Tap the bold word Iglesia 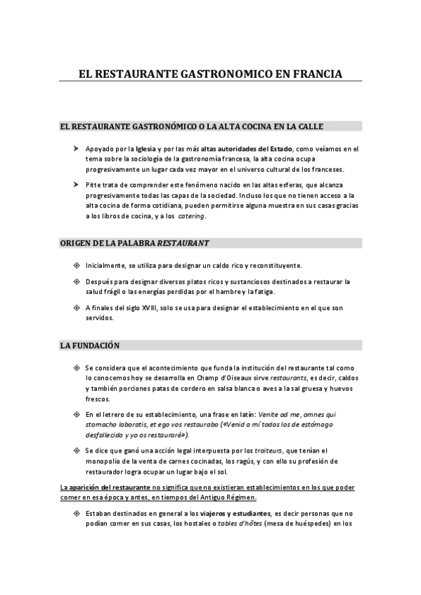click(146, 149)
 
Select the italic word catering click(190, 216)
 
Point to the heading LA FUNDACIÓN click(90, 345)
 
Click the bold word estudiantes click(250, 513)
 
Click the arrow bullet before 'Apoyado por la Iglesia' click(76, 149)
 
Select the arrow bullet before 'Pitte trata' click(76, 184)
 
